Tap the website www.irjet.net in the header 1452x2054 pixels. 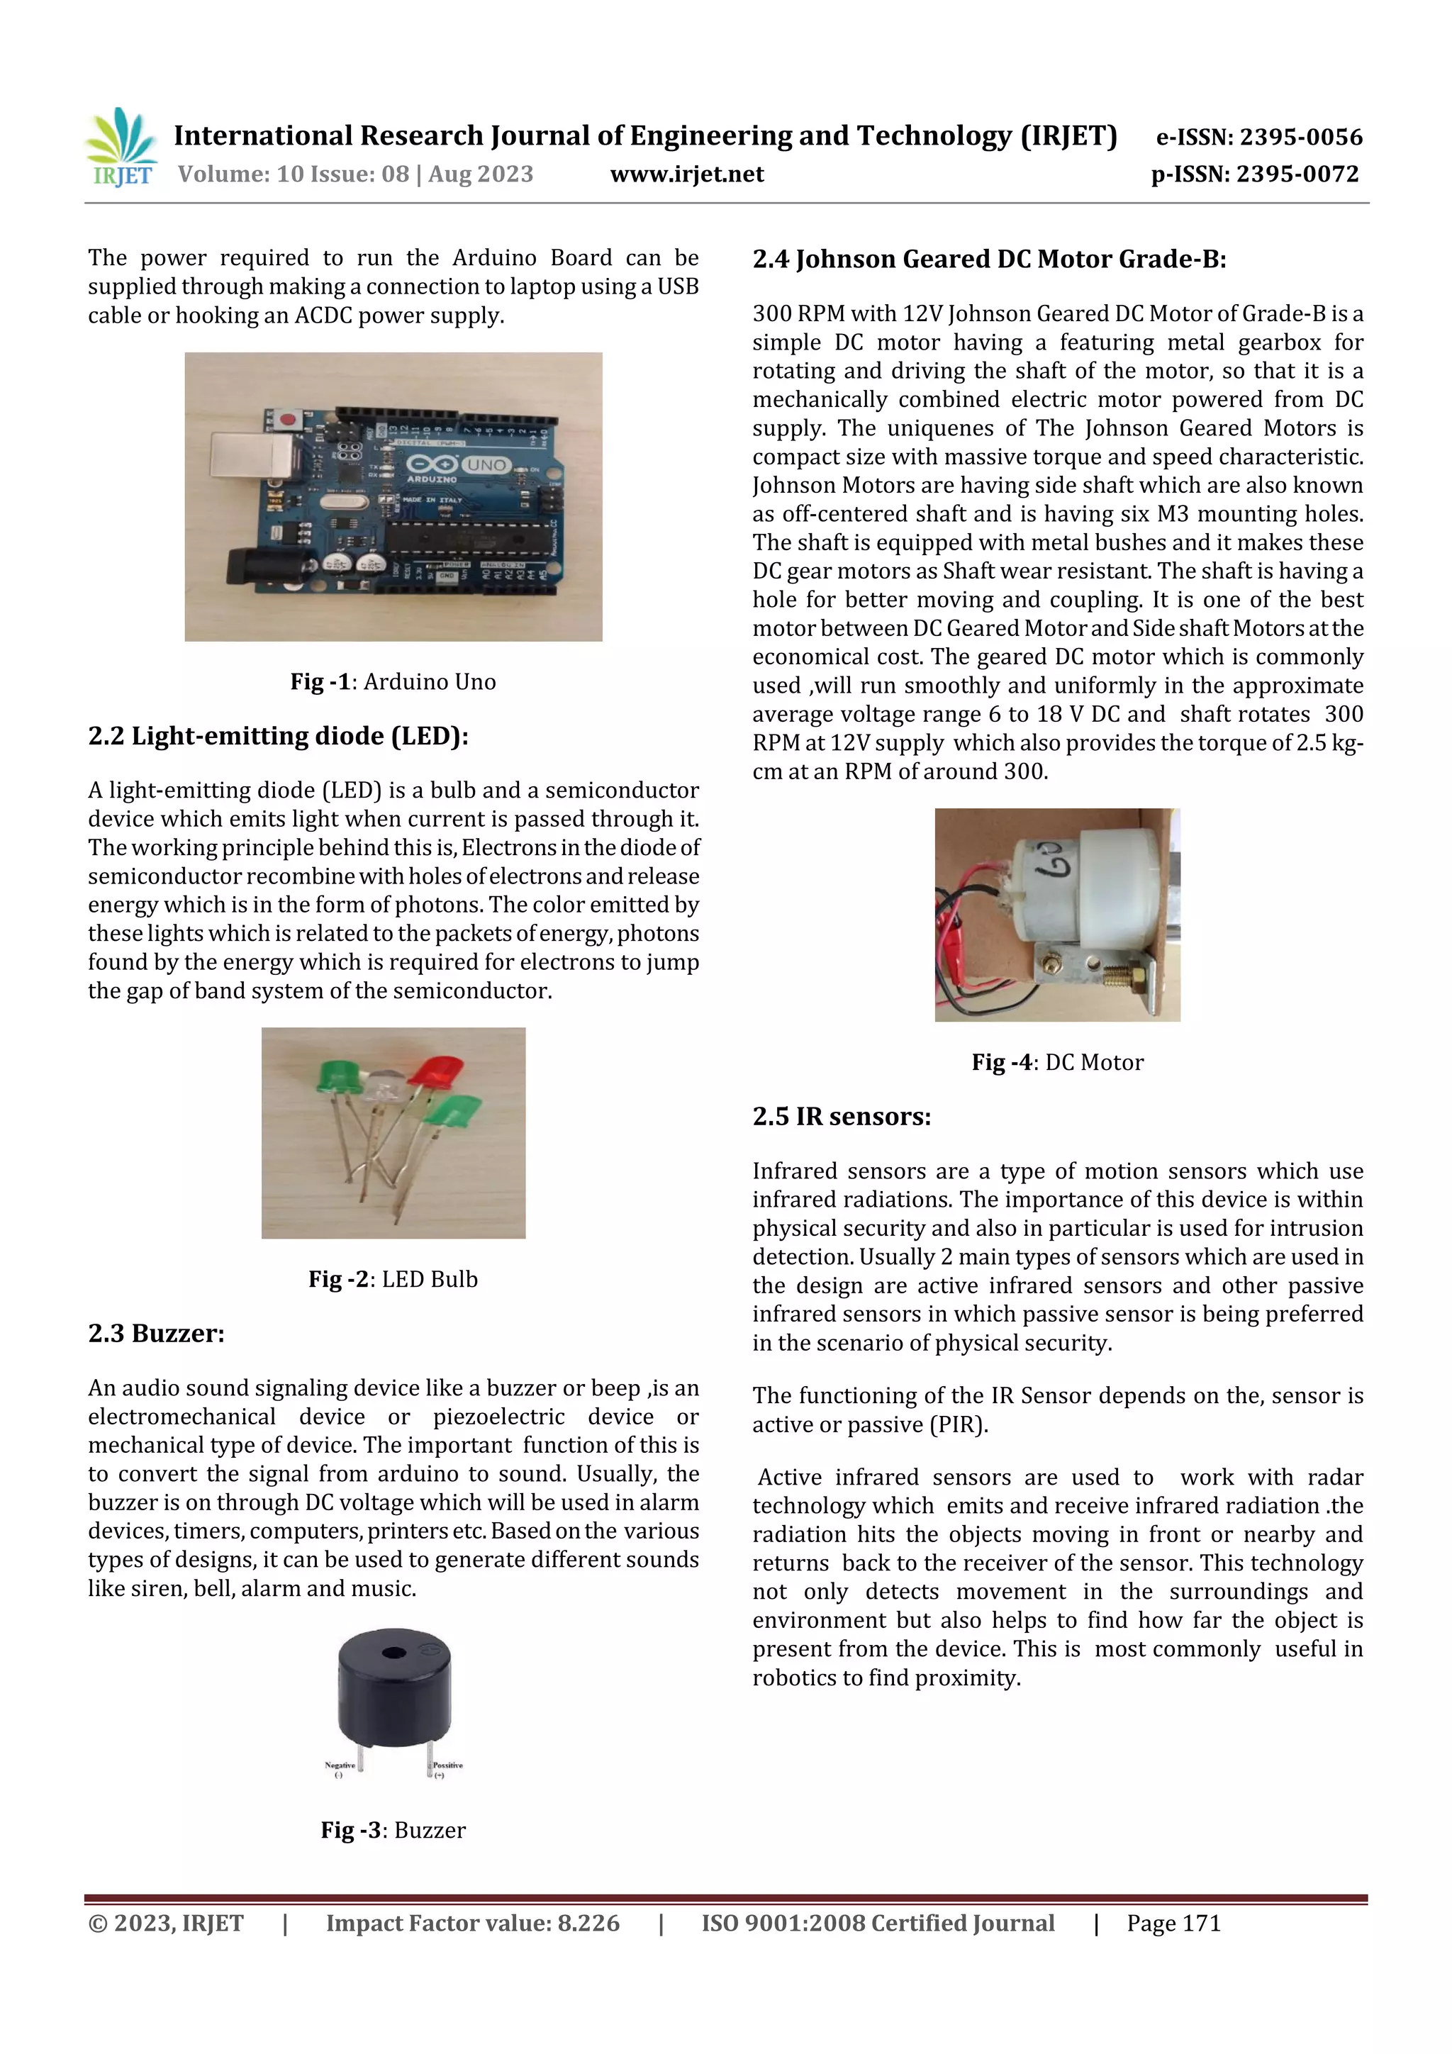pos(686,174)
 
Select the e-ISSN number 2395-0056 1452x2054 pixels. pos(1258,137)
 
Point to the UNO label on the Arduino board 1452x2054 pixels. pos(486,465)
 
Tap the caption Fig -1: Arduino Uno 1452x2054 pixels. pos(393,681)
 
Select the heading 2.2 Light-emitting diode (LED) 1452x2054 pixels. pos(278,735)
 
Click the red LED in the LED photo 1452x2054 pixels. pos(437,1070)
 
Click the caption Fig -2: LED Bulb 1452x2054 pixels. pos(393,1279)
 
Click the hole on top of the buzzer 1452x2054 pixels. pos(393,1651)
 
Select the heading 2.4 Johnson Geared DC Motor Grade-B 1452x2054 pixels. pos(988,259)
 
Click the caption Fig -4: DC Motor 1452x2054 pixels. pos(1058,1062)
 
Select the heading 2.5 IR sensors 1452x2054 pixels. pos(841,1117)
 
